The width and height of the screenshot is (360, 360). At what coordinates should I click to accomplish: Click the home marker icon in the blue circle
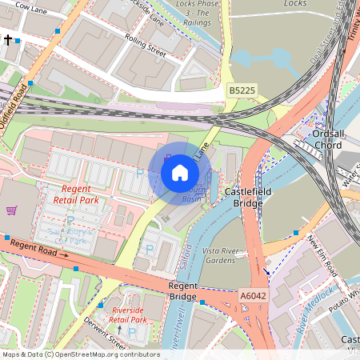tap(180, 172)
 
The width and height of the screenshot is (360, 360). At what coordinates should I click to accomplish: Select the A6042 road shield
tap(253, 295)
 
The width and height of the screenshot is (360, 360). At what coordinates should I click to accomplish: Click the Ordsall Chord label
tap(328, 140)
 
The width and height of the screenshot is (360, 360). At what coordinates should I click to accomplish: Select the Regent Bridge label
tap(182, 291)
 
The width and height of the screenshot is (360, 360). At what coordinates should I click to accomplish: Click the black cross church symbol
tap(7, 39)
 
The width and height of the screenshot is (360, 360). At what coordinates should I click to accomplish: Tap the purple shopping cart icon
tap(11, 210)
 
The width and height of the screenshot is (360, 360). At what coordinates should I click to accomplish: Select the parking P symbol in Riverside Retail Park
tap(132, 331)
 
